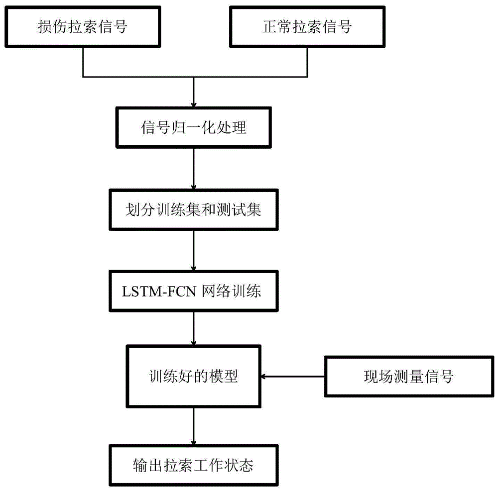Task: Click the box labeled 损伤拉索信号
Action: (x=82, y=26)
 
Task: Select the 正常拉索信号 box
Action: (x=306, y=26)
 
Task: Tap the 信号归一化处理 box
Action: (x=193, y=127)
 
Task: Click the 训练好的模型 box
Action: (x=193, y=377)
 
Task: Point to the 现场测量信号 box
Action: (x=408, y=377)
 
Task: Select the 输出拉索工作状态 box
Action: (x=193, y=466)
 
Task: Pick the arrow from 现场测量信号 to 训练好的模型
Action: (x=294, y=377)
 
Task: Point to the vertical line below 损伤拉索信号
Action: (x=82, y=63)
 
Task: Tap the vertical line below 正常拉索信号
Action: (x=306, y=63)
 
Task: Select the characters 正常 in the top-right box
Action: (x=273, y=26)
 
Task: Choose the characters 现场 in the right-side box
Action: (x=375, y=377)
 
